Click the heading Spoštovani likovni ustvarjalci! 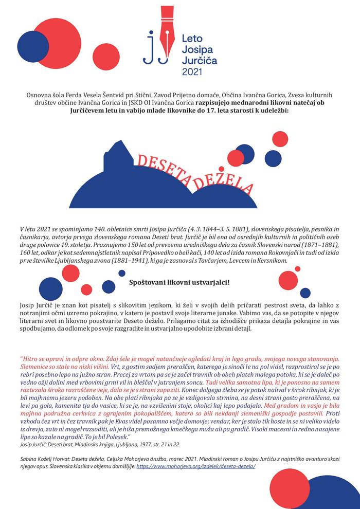click(179, 282)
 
